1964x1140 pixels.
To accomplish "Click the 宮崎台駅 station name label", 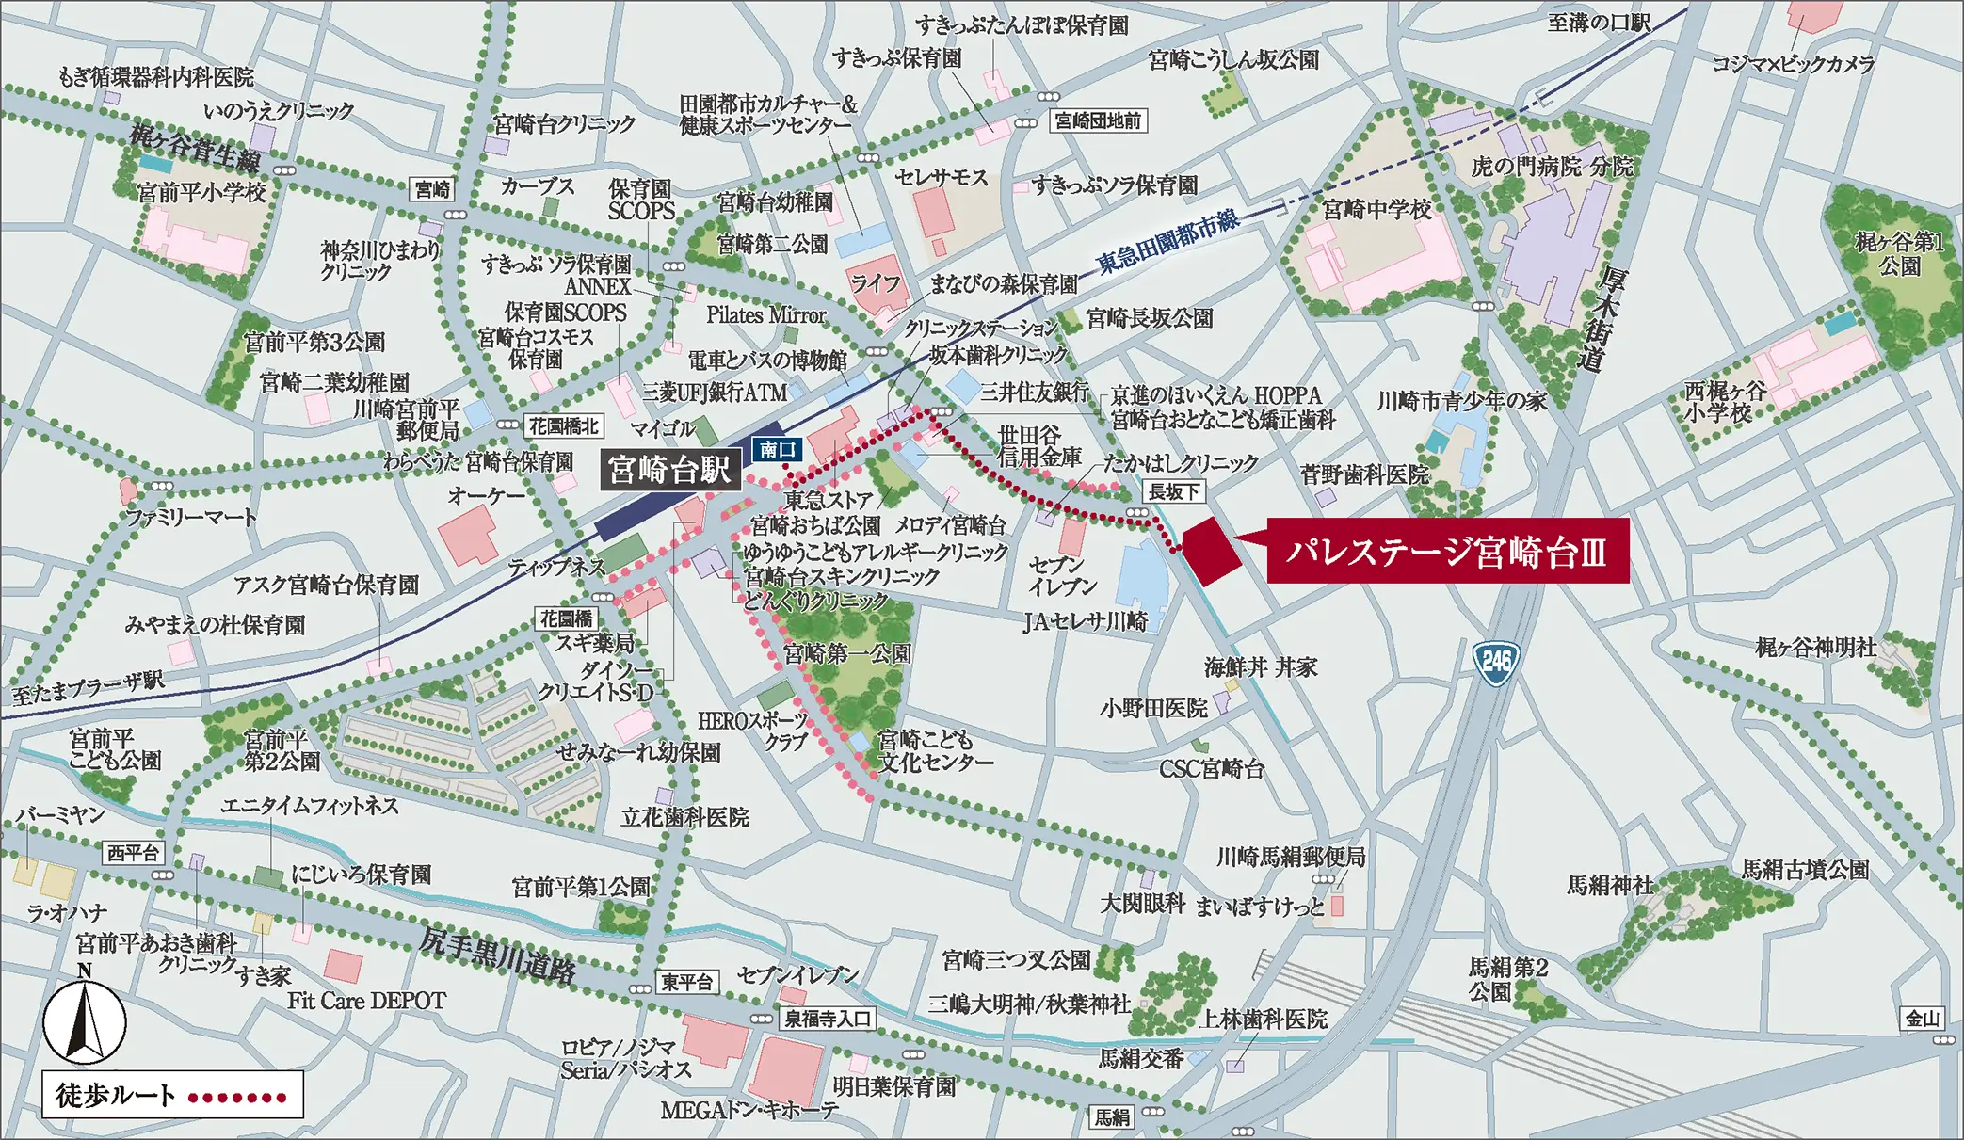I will [x=668, y=469].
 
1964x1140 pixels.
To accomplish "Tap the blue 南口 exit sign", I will [x=778, y=450].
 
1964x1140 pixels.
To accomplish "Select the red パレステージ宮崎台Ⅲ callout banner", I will [x=1447, y=552].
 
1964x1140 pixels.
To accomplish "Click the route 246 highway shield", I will [x=1496, y=662].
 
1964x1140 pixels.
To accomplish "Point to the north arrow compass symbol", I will [x=85, y=1021].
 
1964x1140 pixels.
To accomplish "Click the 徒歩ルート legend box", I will [x=172, y=1095].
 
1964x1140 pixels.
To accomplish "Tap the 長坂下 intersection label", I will [x=1174, y=491].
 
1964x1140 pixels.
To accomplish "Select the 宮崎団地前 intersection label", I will [x=1098, y=120].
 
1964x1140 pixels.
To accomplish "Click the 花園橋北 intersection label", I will [x=563, y=426].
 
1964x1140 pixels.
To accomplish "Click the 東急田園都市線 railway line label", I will [x=1167, y=242].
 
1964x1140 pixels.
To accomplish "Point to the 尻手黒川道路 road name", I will [x=497, y=957].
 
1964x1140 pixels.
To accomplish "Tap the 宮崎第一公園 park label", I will [x=846, y=653].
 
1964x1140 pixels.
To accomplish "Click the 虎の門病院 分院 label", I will [x=1552, y=167].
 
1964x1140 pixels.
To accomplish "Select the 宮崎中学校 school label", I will [x=1376, y=209].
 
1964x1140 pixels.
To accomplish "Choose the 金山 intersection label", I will [x=1922, y=1019].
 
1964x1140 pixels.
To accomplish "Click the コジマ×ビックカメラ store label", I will [x=1793, y=64].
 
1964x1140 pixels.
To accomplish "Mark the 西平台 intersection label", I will [x=133, y=853].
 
